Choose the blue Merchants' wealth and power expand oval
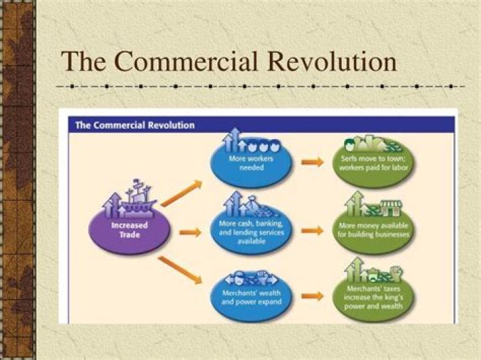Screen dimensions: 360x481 click(x=251, y=297)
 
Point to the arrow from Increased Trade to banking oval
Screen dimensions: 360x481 click(x=190, y=232)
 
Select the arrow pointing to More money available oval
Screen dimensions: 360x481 click(x=311, y=231)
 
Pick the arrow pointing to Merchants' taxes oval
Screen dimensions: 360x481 click(x=311, y=295)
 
